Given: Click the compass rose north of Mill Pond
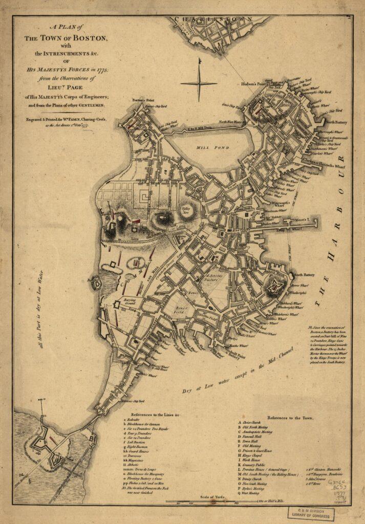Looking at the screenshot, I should [199, 83].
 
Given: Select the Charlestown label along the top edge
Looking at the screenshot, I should [213, 19].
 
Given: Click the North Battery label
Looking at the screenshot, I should [336, 123].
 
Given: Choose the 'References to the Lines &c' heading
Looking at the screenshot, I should [161, 413].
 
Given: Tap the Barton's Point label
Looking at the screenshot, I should [143, 100].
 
